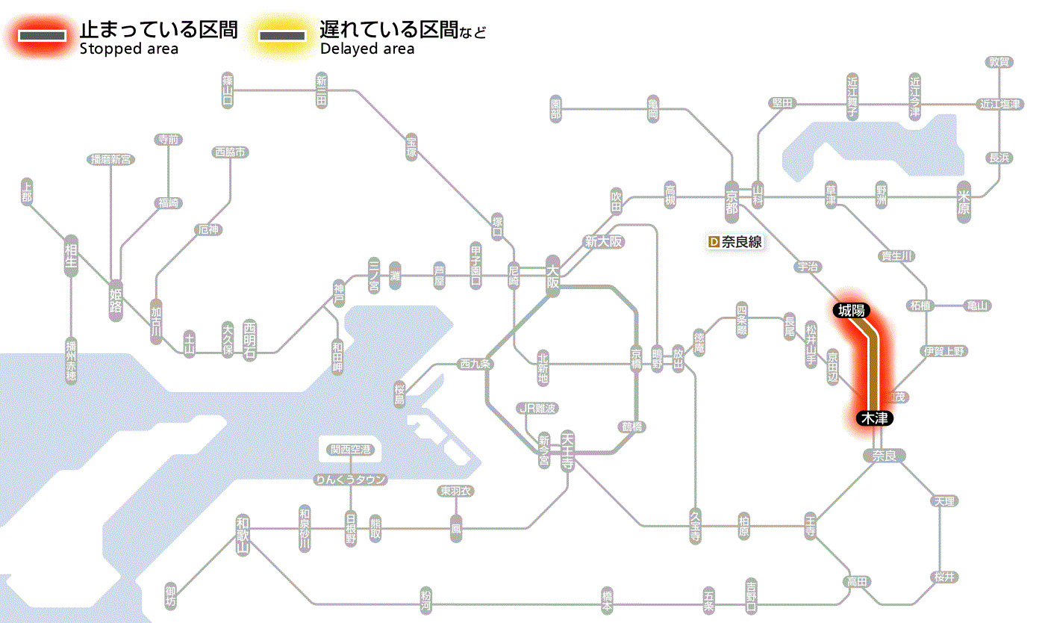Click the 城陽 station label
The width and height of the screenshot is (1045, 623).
pyautogui.click(x=851, y=311)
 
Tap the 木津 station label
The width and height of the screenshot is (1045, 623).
pyautogui.click(x=874, y=418)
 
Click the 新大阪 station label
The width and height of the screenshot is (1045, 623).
pyautogui.click(x=603, y=241)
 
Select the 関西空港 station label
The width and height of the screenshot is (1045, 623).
pyautogui.click(x=350, y=450)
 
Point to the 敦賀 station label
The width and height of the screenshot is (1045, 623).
pyautogui.click(x=999, y=62)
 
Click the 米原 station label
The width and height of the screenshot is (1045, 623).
pyautogui.click(x=964, y=202)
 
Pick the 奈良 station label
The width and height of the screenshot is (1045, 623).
pyautogui.click(x=884, y=456)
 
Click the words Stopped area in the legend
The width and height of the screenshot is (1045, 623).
pyautogui.click(x=128, y=49)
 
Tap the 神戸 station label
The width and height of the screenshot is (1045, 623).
pyautogui.click(x=339, y=294)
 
